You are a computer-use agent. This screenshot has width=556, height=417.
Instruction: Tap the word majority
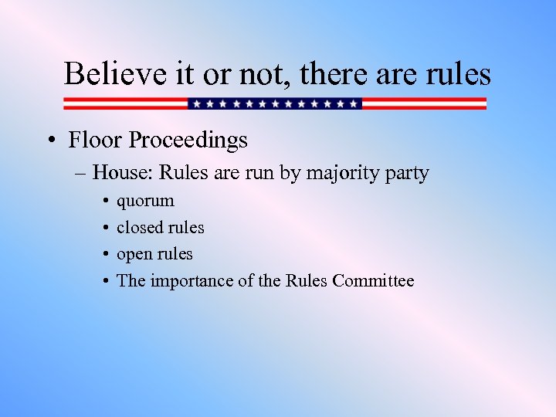click(342, 174)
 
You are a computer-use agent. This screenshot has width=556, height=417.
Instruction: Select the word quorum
click(145, 202)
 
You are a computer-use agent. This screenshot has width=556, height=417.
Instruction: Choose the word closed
click(139, 227)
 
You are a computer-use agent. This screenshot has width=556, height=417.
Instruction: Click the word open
click(134, 255)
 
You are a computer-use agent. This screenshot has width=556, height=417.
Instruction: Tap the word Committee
click(373, 280)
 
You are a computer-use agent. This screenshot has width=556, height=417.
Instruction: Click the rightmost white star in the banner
click(354, 103)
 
